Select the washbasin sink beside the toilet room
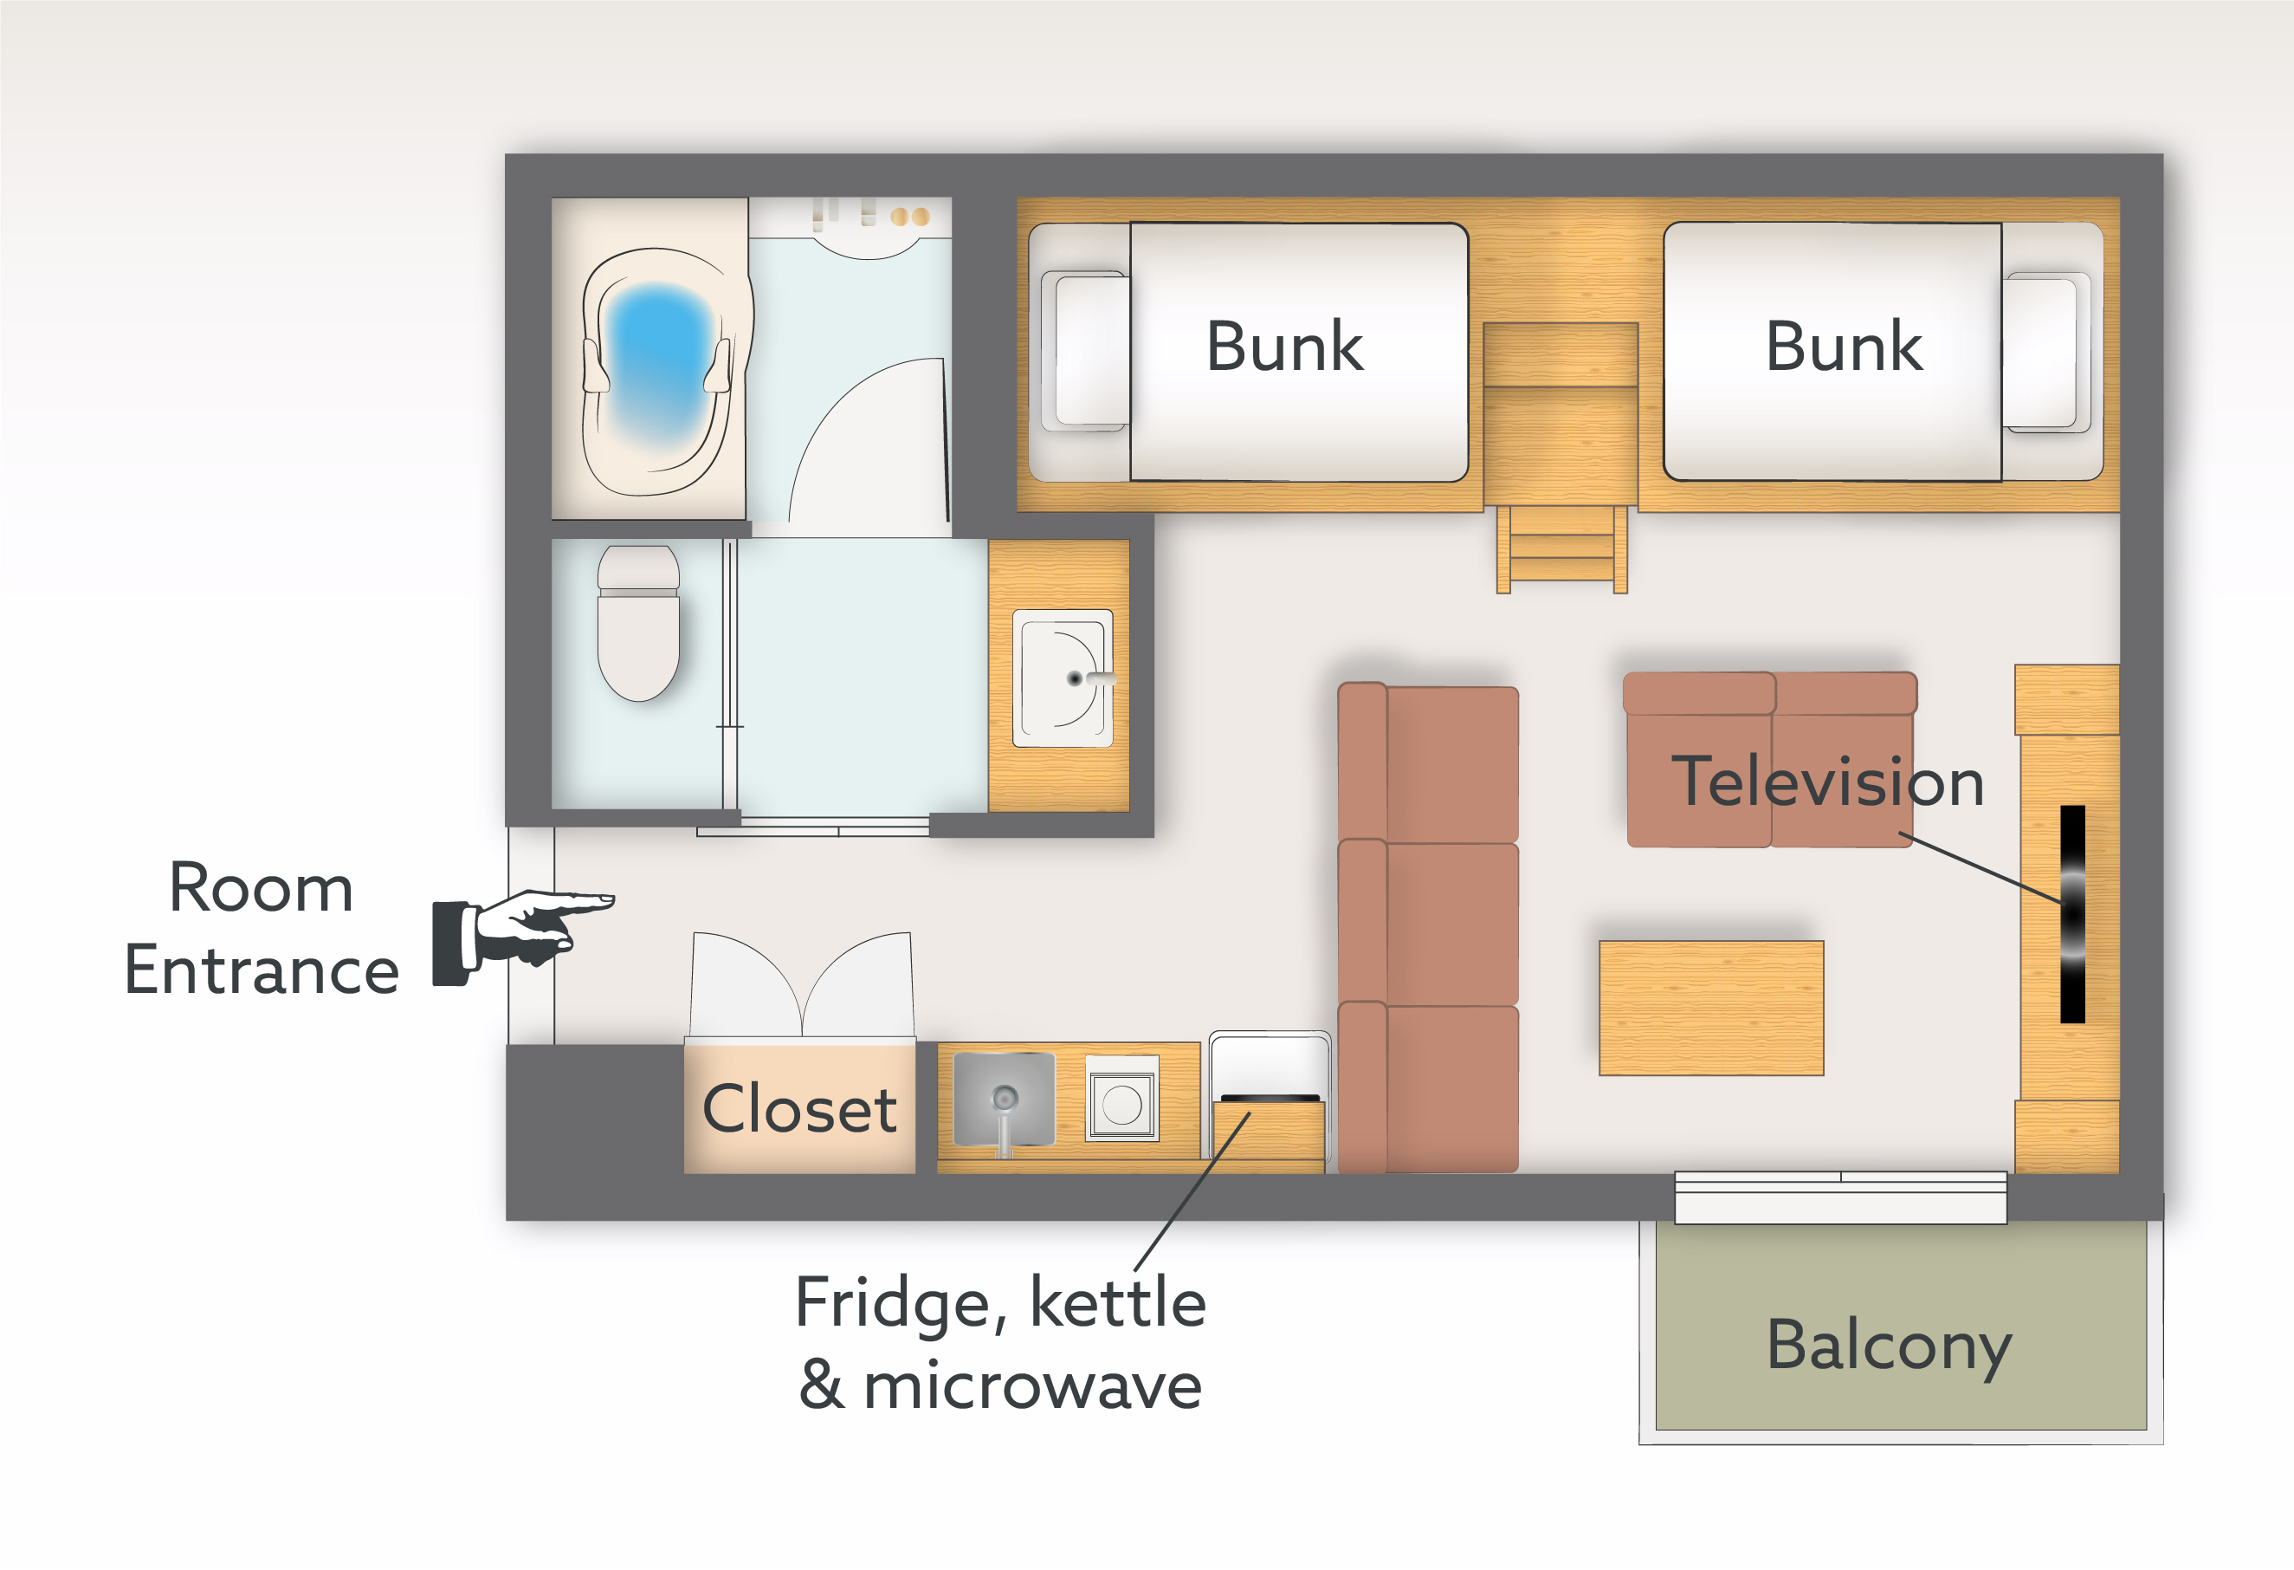[x=1062, y=678]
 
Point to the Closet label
[x=798, y=1108]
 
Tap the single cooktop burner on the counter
[x=1121, y=1105]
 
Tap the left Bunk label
[x=1284, y=347]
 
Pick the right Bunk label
[x=1843, y=347]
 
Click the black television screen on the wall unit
[x=2072, y=913]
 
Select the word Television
[x=1827, y=782]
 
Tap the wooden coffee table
[x=1710, y=1007]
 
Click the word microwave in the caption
[x=1032, y=1385]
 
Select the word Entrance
[x=262, y=970]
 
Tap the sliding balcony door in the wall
[x=1840, y=1197]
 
